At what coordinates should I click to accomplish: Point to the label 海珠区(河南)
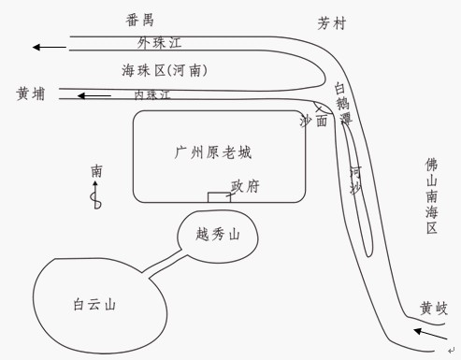[x=165, y=70]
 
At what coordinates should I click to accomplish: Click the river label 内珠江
[x=152, y=94]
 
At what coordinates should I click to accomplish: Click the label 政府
[x=245, y=186]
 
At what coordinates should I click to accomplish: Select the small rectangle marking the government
[x=218, y=196]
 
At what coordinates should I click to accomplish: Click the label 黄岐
[x=434, y=309]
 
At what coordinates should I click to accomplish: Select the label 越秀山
[x=219, y=237]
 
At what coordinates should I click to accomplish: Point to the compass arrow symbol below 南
[x=94, y=199]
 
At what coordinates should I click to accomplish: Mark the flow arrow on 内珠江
[x=93, y=94]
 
